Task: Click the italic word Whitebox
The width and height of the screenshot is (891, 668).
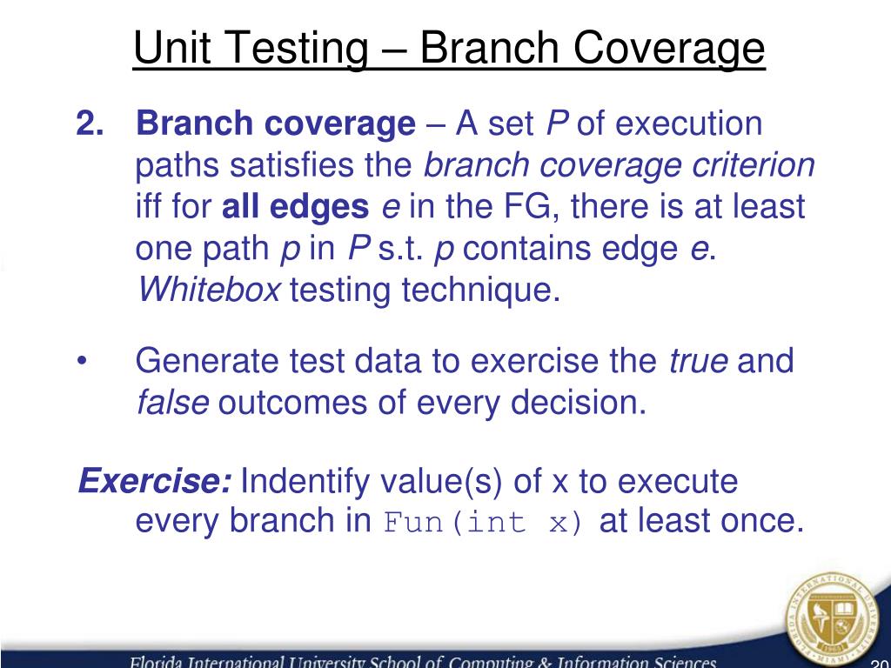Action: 209,291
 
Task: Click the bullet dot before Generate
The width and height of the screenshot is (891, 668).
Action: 83,361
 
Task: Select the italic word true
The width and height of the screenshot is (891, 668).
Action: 698,361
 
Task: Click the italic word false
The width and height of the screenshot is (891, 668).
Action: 173,403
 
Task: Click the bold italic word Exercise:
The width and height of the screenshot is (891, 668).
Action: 155,480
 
